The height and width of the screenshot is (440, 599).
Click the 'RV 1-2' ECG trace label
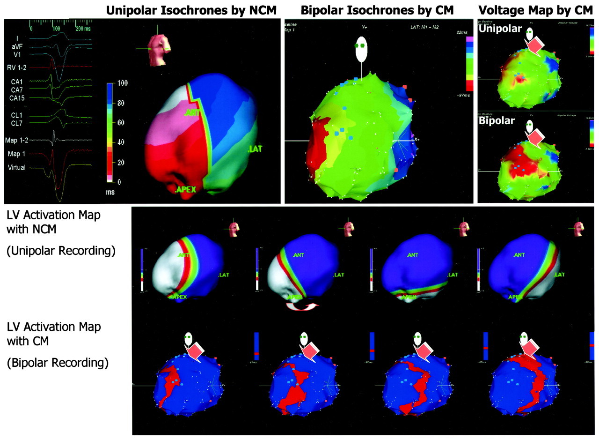click(19, 67)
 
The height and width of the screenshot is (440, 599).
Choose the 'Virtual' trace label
click(18, 167)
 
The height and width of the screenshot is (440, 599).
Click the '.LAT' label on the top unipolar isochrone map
click(255, 149)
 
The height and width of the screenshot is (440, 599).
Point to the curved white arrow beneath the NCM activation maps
click(302, 306)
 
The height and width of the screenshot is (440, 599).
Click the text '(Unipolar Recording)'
click(61, 251)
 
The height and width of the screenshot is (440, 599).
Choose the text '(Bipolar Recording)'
click(58, 362)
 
